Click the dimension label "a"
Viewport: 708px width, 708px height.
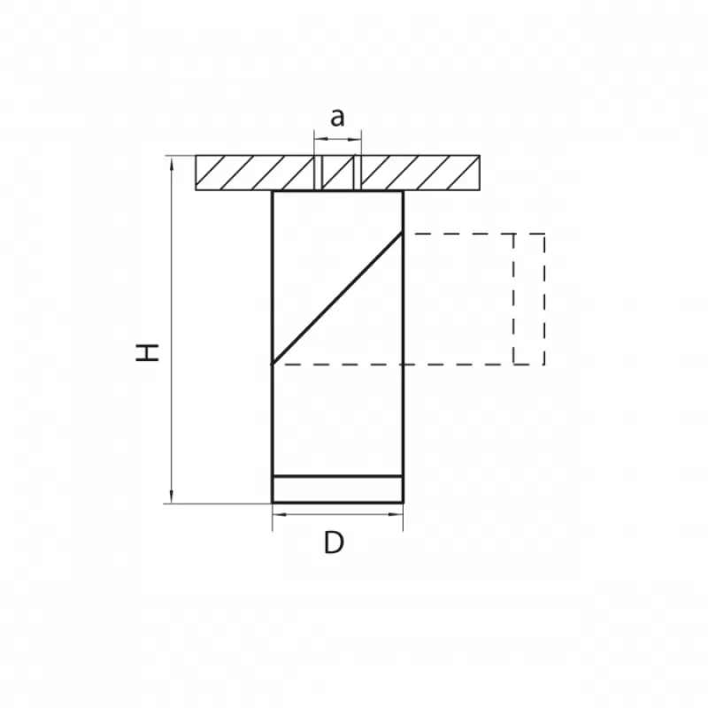tap(337, 118)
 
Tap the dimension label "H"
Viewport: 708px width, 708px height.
tap(148, 352)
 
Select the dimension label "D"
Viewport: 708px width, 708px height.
tap(334, 543)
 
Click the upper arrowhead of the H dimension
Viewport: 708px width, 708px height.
tap(171, 164)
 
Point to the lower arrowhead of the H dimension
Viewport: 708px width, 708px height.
tap(171, 496)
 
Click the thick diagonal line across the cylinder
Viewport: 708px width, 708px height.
tap(337, 298)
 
